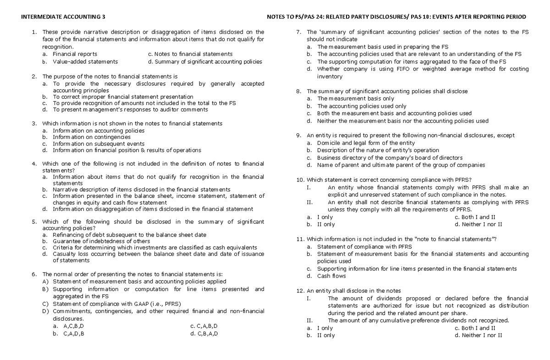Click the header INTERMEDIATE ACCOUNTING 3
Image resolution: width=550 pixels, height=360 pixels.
64,17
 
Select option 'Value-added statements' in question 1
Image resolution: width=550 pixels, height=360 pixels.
85,61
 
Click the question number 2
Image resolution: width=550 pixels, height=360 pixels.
34,77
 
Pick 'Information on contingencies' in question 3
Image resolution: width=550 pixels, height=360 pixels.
91,137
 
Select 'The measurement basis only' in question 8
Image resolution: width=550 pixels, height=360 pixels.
355,99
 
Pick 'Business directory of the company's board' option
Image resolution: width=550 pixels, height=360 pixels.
390,158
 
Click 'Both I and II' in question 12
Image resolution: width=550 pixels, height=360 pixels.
479,328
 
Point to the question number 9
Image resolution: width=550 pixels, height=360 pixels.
298,135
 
